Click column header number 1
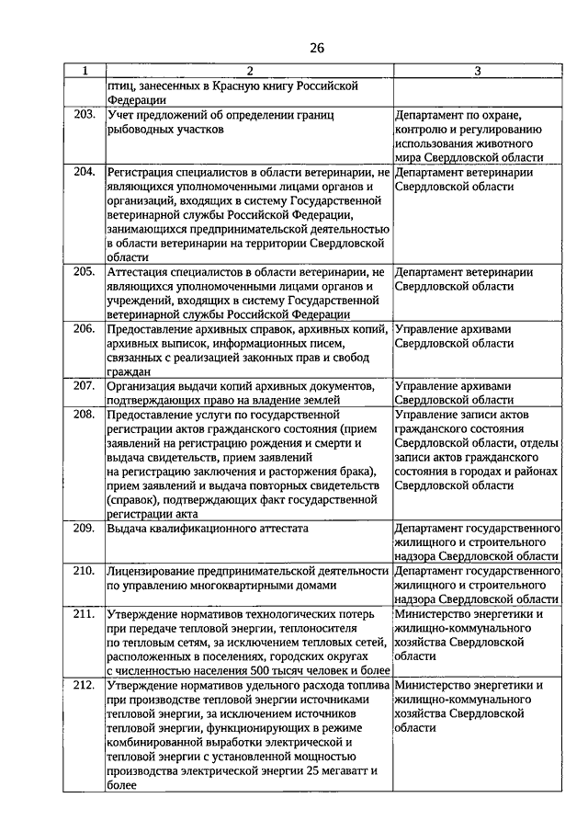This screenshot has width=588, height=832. pyautogui.click(x=85, y=71)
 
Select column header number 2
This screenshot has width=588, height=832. pyautogui.click(x=248, y=71)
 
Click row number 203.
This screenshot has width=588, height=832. pyautogui.click(x=85, y=116)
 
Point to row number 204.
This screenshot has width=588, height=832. pyautogui.click(x=85, y=171)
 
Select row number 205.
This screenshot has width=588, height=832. pyautogui.click(x=85, y=272)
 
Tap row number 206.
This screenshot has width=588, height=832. pyautogui.click(x=85, y=328)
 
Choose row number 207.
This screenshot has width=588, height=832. pyautogui.click(x=85, y=385)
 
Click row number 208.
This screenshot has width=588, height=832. pyautogui.click(x=85, y=414)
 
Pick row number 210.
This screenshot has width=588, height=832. pyautogui.click(x=85, y=571)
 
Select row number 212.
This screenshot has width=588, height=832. pyautogui.click(x=85, y=685)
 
